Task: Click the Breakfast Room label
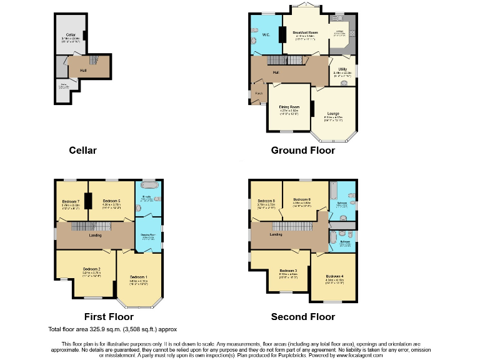[x=305, y=32]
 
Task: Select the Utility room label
[x=342, y=69]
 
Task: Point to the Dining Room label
[x=289, y=107]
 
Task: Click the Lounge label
[x=332, y=113]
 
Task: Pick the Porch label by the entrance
[x=259, y=94]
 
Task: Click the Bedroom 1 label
[x=139, y=277]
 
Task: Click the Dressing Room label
[x=147, y=234]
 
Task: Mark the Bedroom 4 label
[x=335, y=276]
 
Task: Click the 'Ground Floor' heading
[x=302, y=151]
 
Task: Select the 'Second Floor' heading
[x=302, y=317]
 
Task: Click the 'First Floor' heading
[x=109, y=317]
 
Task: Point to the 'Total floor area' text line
[x=112, y=329]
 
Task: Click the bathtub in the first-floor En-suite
[x=150, y=186]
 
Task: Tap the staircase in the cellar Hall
[x=94, y=61]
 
